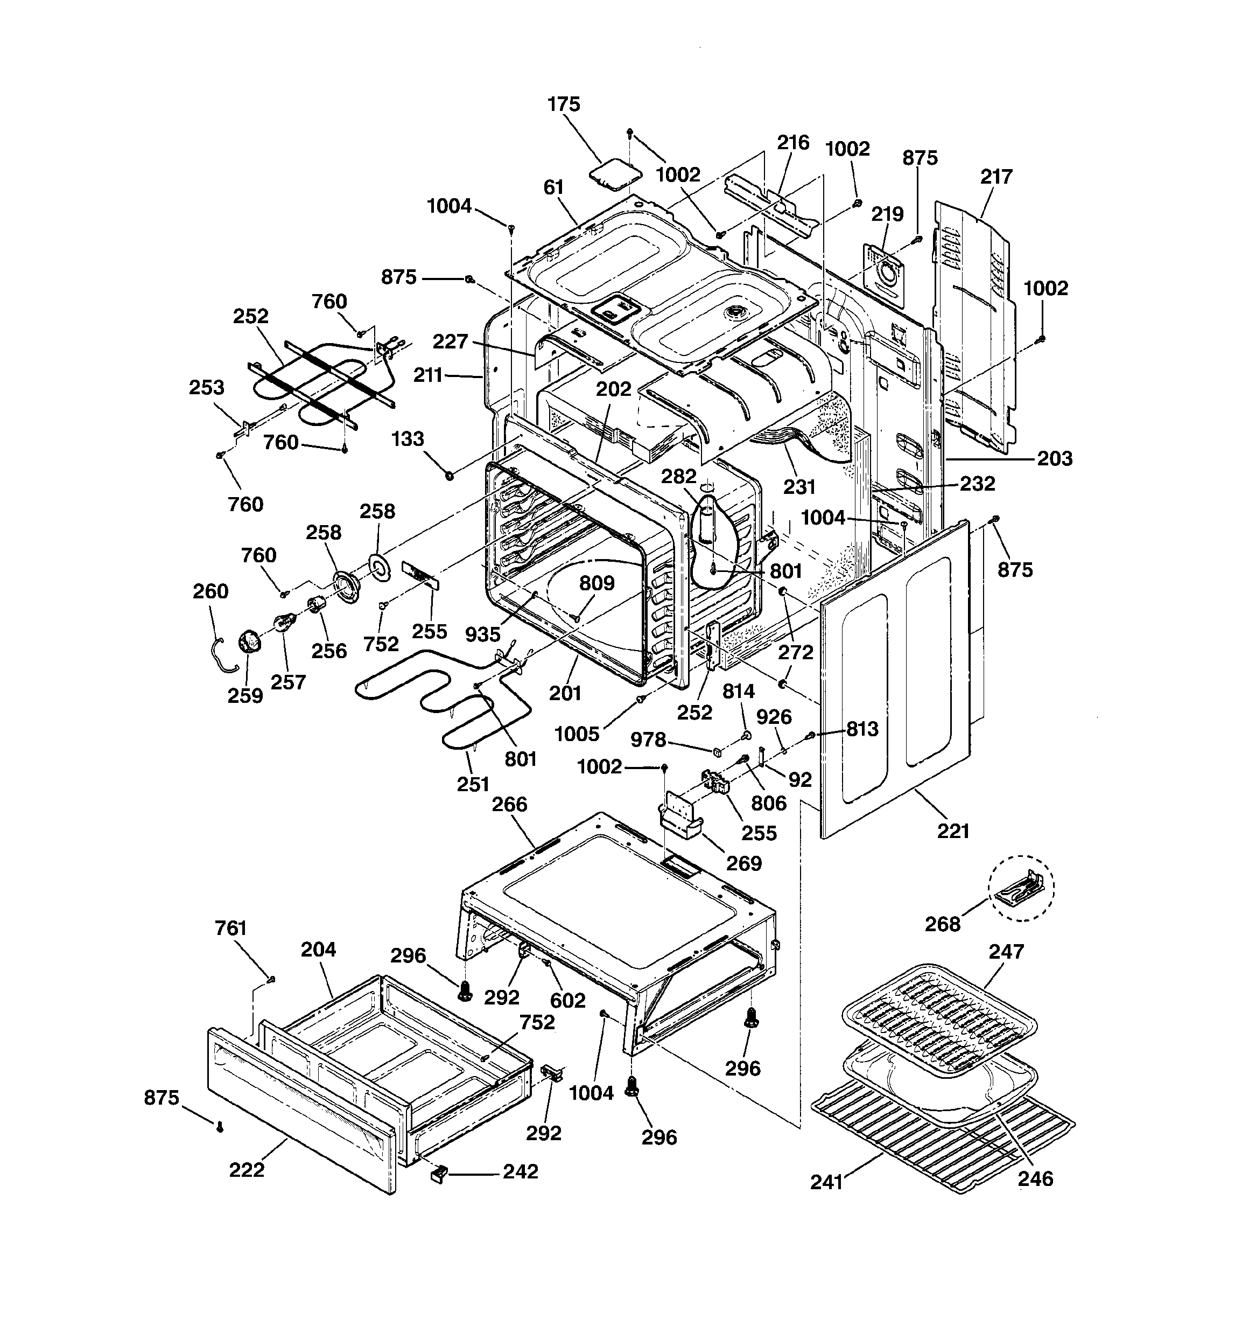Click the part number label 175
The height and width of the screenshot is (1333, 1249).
tap(563, 104)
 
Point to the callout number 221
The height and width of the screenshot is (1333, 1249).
tap(953, 832)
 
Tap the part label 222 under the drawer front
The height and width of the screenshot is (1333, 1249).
tap(246, 1170)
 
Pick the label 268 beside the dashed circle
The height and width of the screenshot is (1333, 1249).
tap(943, 924)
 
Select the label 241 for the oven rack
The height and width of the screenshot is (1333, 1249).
tap(826, 1182)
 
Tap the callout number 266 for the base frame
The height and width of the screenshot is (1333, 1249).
tap(509, 804)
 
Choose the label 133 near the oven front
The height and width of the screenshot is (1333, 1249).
tap(408, 439)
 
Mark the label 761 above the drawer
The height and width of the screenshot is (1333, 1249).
tap(230, 928)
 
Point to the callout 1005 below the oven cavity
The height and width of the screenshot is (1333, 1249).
tap(577, 734)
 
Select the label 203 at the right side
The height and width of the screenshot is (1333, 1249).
tap(1055, 459)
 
